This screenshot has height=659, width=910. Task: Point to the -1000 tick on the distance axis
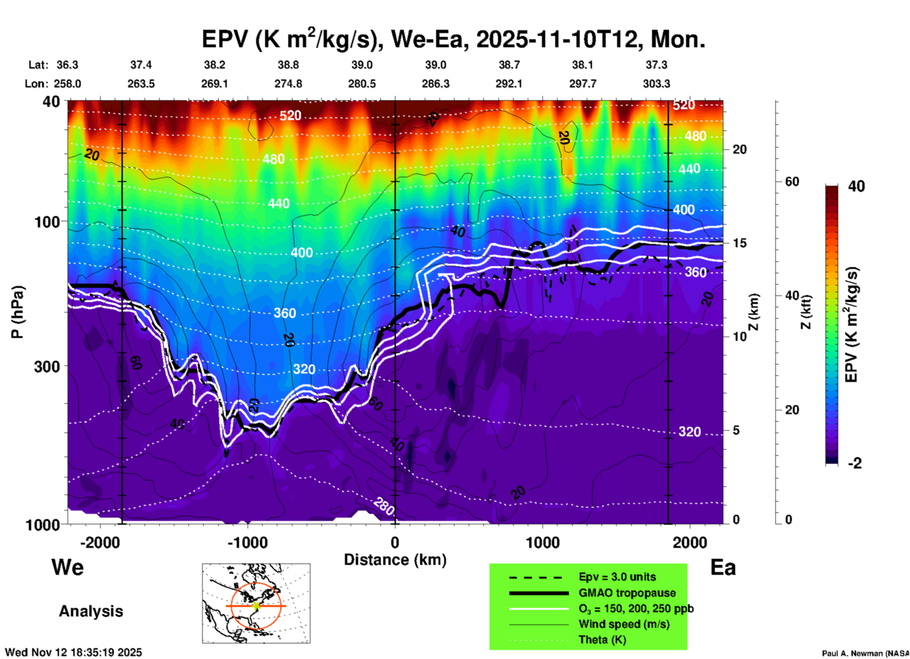tap(247, 542)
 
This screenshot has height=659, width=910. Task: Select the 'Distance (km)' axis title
tap(395, 560)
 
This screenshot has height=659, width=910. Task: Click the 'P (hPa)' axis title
tap(17, 312)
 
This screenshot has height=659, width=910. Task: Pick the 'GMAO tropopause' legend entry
tap(627, 593)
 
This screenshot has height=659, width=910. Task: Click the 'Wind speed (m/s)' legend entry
tap(624, 624)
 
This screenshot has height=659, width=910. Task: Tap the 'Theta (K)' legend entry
tap(602, 640)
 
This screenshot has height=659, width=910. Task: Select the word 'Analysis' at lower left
tap(91, 611)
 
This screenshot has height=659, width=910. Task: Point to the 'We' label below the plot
tap(68, 567)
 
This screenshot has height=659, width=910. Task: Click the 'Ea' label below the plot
tap(723, 567)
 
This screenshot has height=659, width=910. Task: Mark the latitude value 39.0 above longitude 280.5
tap(362, 65)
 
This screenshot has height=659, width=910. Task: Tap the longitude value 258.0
tap(67, 84)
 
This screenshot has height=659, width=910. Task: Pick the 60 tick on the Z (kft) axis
tap(792, 182)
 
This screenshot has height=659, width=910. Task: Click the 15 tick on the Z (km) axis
tap(739, 243)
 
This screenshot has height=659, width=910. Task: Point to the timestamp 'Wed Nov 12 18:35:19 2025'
tap(73, 652)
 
